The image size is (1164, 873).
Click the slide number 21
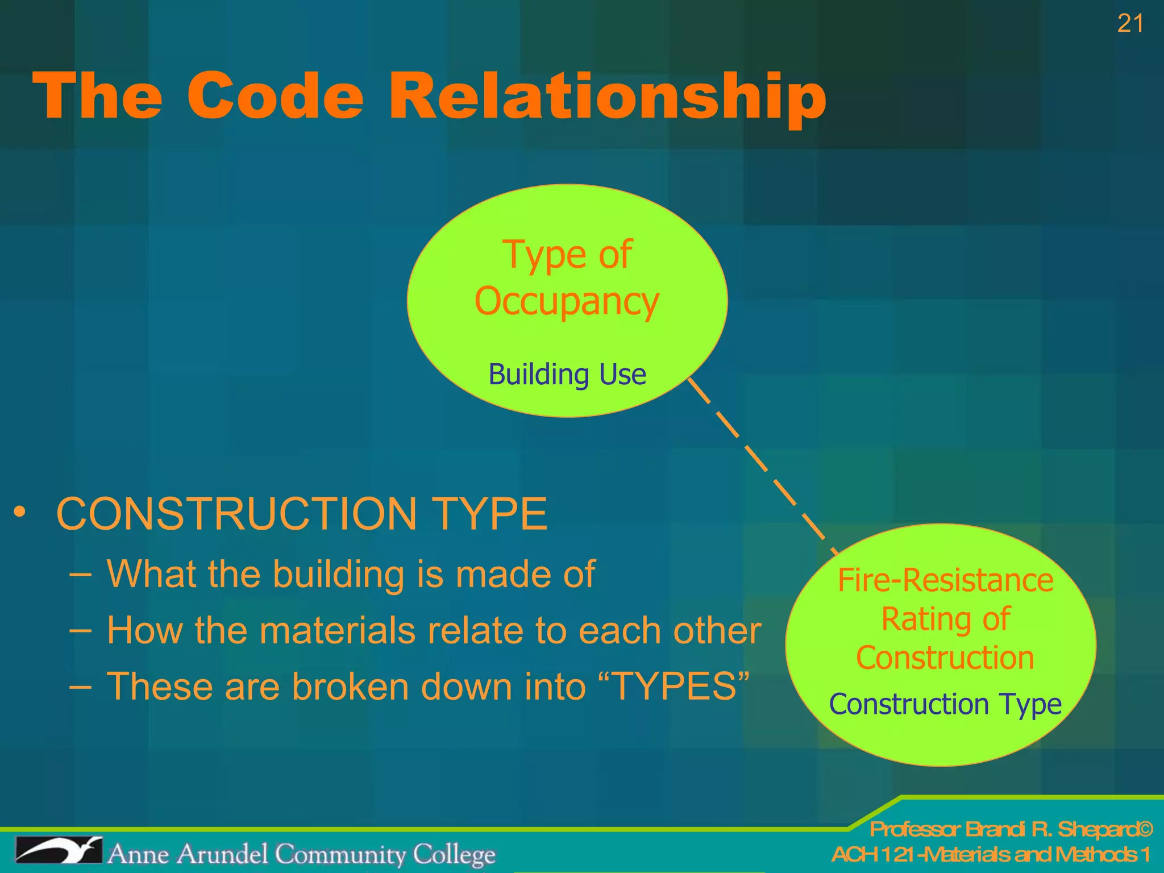tap(1130, 24)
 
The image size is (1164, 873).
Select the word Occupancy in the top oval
tap(567, 301)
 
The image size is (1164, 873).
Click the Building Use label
tap(567, 375)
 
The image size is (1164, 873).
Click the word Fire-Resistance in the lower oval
tap(945, 580)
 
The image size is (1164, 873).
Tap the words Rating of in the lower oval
tap(945, 619)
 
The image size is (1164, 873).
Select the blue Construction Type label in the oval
tap(945, 704)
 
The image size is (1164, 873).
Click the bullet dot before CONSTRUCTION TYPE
tap(20, 512)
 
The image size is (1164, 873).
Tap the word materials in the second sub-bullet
tap(337, 630)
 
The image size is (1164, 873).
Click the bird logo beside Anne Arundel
tap(59, 851)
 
